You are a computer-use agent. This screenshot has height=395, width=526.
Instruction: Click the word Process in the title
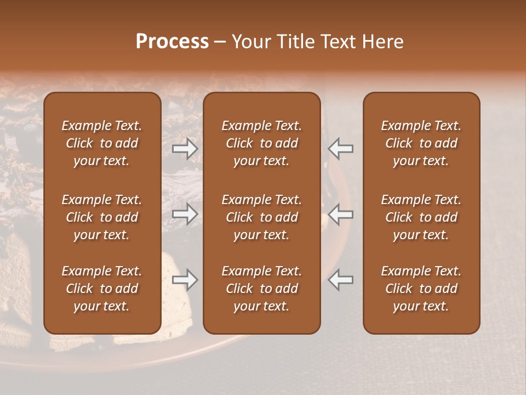pos(172,42)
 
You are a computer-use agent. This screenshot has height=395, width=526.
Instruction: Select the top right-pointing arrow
pos(185,149)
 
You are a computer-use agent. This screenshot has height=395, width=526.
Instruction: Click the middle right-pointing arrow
pos(185,214)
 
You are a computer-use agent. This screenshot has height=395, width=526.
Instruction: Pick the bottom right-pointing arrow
pos(185,280)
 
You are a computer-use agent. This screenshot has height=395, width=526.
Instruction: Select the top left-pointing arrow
pos(341,149)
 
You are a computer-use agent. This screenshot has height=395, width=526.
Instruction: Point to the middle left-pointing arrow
pos(341,214)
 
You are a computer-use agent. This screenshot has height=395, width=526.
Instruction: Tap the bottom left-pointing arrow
pos(341,280)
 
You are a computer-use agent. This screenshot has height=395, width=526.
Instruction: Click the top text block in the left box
pos(102,143)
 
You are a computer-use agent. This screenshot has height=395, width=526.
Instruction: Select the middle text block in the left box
pos(102,217)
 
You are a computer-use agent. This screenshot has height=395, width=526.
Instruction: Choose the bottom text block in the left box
pos(102,289)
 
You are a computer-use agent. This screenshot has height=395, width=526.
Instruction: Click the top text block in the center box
pos(261,143)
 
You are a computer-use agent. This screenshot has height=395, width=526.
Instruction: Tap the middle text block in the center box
pos(261,217)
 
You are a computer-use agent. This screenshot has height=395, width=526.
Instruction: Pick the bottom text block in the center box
pos(261,289)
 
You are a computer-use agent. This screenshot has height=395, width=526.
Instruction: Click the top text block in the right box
pos(421,143)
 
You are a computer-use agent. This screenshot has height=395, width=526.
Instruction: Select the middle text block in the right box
pos(421,217)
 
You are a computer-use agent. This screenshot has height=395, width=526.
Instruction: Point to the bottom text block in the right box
pos(421,289)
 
